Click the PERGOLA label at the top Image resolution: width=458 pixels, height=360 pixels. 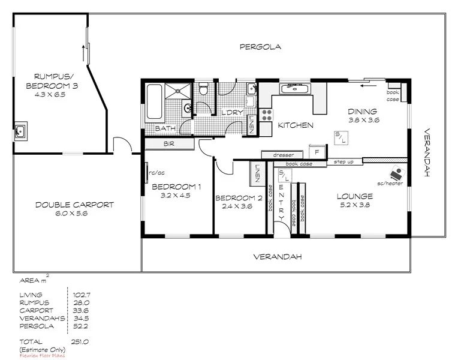(260, 47)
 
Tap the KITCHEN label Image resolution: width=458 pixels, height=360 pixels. (294, 125)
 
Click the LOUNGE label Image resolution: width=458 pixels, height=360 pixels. (354, 196)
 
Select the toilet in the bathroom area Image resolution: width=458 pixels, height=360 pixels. (203, 90)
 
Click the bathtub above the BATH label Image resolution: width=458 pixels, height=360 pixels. (154, 102)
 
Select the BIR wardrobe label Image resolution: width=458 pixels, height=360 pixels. (168, 144)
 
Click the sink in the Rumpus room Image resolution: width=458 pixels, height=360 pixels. (20, 130)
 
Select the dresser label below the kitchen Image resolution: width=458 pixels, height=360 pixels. (283, 155)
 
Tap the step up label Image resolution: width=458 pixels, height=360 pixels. (344, 161)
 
